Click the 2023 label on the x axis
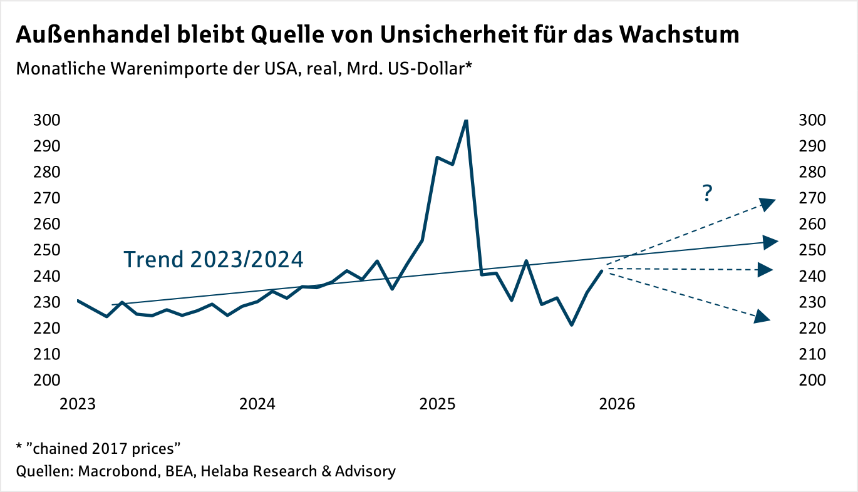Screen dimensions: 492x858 [78, 404]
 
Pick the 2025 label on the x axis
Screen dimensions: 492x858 [437, 404]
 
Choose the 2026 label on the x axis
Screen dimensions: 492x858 [617, 404]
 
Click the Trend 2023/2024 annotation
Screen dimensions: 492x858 [213, 259]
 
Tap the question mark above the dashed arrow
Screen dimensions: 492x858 [707, 194]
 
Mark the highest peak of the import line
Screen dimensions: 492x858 [466, 121]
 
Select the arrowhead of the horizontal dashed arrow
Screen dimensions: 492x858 [765, 270]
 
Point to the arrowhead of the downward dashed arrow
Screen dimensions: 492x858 [762, 317]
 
